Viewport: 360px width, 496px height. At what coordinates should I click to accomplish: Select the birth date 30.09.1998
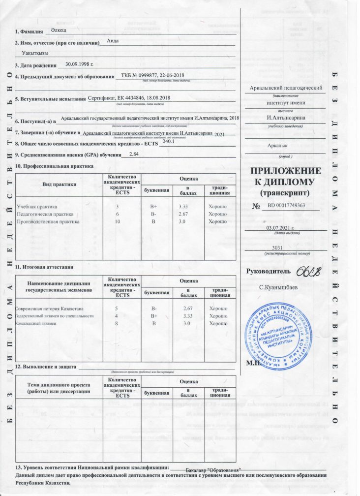point(79,64)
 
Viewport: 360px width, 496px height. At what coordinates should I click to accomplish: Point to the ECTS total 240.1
point(169,142)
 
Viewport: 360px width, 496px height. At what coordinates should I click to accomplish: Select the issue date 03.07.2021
point(287,227)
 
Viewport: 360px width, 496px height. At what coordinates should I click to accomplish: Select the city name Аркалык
point(278,147)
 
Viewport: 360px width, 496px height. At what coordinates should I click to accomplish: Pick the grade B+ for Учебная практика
point(153,207)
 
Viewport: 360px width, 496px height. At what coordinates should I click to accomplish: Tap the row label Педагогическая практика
point(45,214)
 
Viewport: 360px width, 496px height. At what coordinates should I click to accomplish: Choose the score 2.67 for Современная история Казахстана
point(182,308)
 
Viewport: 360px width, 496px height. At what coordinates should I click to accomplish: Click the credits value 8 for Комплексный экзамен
point(117,323)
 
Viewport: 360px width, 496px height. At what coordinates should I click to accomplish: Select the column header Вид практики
point(59,185)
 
